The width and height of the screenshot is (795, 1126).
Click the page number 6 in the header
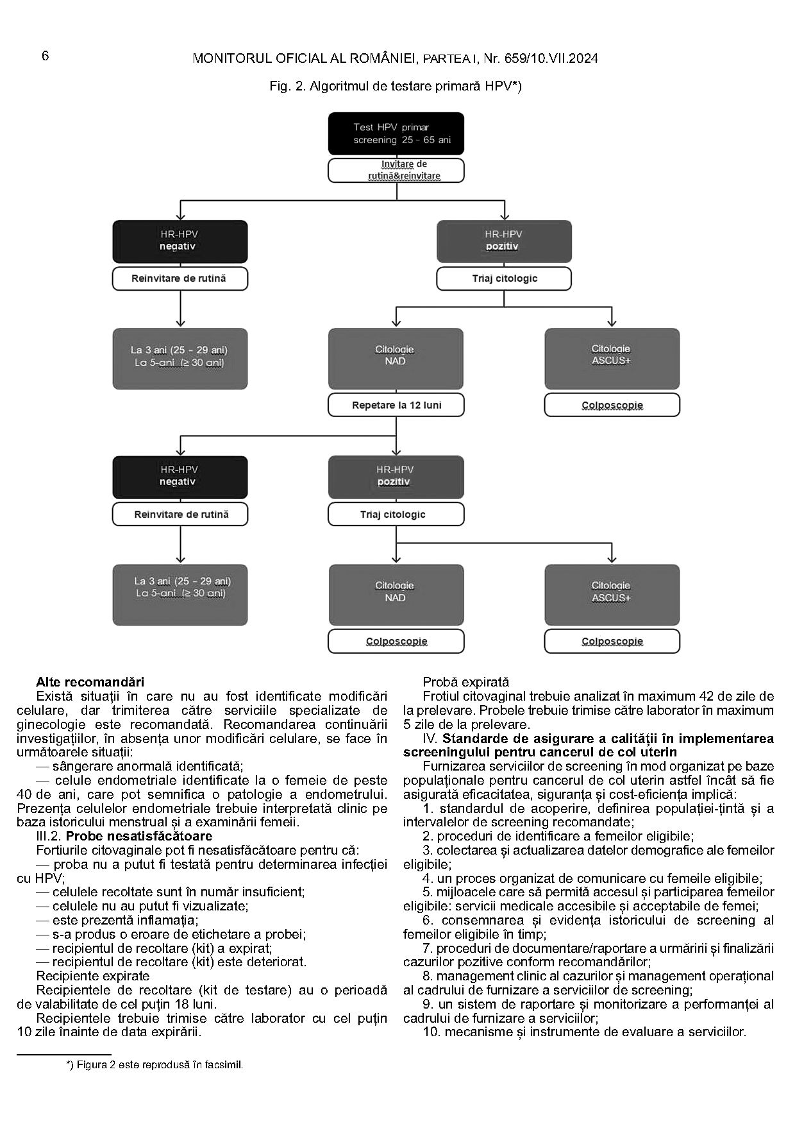point(46,56)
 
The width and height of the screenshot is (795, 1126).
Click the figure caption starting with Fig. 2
point(396,86)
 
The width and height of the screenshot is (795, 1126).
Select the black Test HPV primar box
point(396,133)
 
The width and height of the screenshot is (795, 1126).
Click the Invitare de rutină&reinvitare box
point(396,170)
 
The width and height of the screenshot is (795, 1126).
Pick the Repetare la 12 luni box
point(396,405)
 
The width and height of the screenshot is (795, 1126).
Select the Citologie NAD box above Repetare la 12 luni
point(396,358)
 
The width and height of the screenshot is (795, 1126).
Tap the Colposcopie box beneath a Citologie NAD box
point(396,641)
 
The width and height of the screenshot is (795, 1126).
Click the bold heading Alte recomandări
point(90,681)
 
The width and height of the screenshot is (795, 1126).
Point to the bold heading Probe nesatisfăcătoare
point(139,836)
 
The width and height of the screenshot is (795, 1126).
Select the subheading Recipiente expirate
point(93,976)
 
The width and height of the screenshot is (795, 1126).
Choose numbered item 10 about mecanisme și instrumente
point(583,1032)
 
